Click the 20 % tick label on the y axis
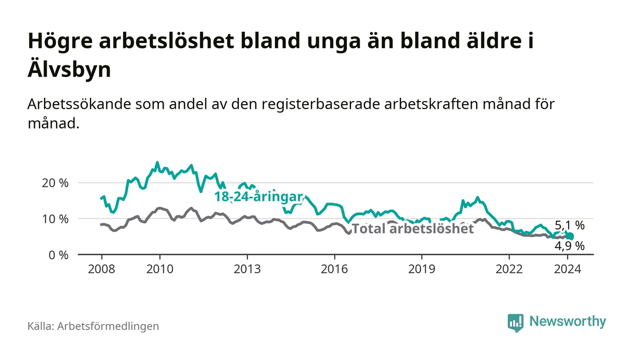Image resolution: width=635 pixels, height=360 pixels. (54, 183)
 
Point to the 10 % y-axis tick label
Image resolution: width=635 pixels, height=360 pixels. (54, 219)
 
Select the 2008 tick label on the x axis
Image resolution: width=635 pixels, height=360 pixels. (101, 269)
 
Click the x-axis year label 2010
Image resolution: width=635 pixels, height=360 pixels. (160, 269)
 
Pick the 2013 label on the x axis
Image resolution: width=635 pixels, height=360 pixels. (247, 269)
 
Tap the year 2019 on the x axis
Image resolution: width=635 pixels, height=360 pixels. (422, 269)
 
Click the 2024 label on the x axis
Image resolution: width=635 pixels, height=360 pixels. (567, 269)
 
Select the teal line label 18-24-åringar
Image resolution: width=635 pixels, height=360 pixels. (259, 197)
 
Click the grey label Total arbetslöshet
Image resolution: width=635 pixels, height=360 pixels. (413, 229)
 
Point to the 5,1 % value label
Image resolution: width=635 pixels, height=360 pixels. (570, 225)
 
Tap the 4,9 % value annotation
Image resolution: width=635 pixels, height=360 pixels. (570, 246)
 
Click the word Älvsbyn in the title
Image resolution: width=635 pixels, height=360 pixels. (69, 70)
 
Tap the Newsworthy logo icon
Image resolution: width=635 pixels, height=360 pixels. (515, 322)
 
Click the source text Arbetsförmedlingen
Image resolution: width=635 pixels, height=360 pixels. (108, 326)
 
